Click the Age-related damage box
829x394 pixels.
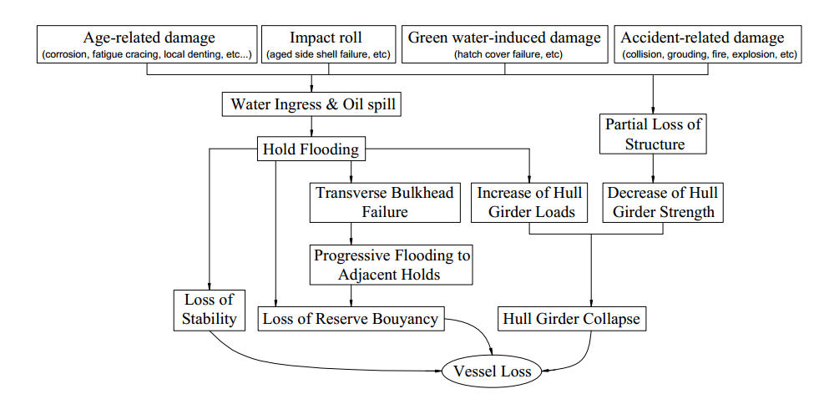(148, 45)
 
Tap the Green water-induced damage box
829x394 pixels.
(504, 45)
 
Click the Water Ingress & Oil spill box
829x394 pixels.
(312, 105)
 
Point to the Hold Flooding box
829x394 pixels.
(311, 150)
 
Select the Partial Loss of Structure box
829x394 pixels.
(654, 134)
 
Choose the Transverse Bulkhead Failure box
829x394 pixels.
(385, 202)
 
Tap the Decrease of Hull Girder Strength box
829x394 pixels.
(664, 202)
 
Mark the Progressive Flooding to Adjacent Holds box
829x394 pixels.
(392, 265)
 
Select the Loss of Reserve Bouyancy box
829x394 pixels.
(351, 318)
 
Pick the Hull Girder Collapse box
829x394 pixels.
(573, 318)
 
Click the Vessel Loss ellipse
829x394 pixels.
(491, 371)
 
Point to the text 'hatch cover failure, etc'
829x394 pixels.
(505, 55)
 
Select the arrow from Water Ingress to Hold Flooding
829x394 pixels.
(312, 128)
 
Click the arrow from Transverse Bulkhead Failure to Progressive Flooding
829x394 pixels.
(350, 234)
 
